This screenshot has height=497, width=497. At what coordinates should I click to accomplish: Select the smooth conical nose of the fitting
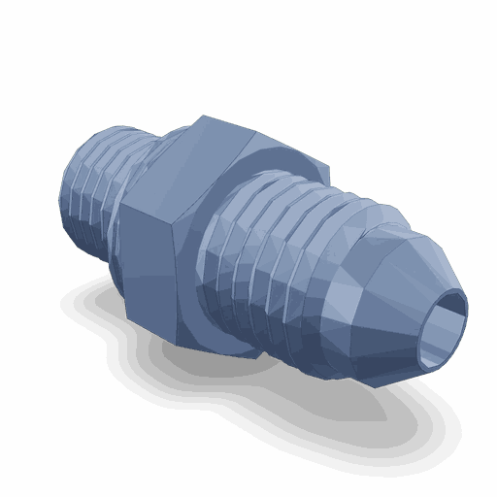point(388,291)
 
